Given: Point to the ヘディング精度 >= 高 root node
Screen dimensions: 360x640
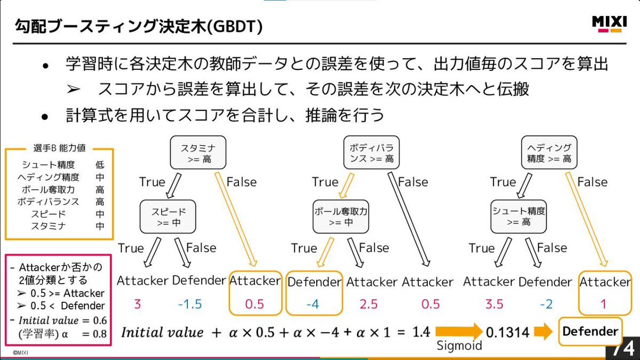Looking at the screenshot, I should coord(549,153).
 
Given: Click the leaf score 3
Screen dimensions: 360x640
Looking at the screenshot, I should coord(138,304).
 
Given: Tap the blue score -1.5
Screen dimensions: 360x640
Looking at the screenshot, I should coord(189,304).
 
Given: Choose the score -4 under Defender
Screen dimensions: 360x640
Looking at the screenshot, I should coord(313,304).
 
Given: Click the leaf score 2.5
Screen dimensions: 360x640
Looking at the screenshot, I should coord(369,304).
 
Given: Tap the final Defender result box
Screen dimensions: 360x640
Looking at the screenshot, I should coord(590,331).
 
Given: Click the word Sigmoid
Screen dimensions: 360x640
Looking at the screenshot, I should coord(459,346).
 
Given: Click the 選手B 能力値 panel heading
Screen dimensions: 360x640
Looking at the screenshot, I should coord(59,148).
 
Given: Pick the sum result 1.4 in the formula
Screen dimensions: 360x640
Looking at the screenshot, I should coord(421,332).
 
